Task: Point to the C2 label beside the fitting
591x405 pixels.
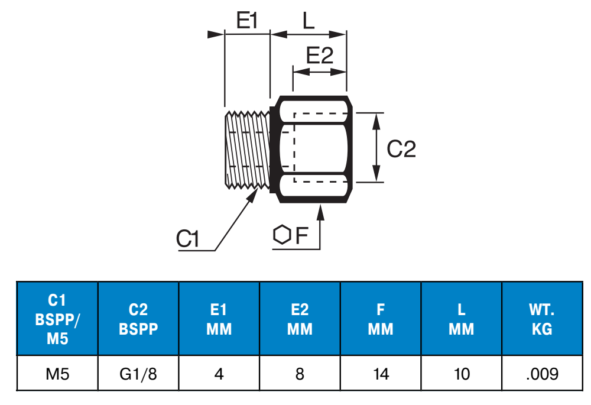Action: tap(401, 149)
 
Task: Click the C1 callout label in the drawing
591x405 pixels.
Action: tap(189, 239)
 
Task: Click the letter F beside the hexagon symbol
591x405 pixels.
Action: tap(302, 236)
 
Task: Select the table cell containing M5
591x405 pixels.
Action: tap(57, 374)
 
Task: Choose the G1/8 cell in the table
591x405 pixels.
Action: tap(138, 374)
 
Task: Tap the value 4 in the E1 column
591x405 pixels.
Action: tap(219, 374)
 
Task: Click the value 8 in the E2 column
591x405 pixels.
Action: tap(300, 374)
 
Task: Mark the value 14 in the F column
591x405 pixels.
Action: tap(381, 374)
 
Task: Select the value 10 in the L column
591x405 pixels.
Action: tap(461, 374)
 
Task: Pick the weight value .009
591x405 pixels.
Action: tap(542, 374)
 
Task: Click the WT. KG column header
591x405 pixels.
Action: tap(542, 319)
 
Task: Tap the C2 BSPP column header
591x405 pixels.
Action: tap(138, 319)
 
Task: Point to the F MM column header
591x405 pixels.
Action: tap(381, 319)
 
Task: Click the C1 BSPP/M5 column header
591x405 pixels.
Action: tap(57, 319)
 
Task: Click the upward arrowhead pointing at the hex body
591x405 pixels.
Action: tap(320, 211)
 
